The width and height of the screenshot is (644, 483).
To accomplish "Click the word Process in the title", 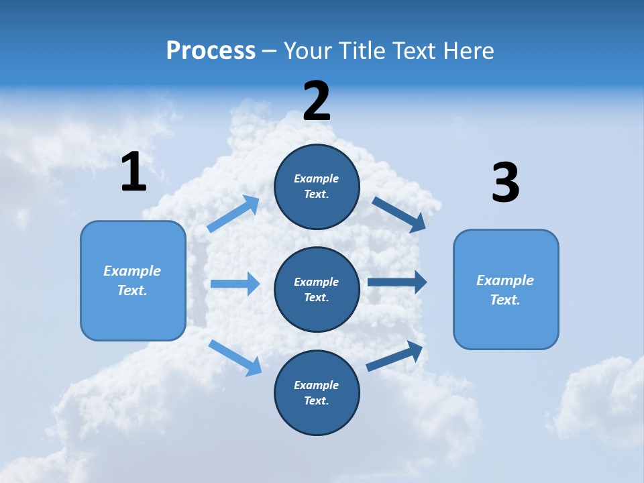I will pos(211,51).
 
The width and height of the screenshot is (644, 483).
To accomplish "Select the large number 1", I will pos(133,172).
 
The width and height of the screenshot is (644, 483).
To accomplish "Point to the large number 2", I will pos(317,101).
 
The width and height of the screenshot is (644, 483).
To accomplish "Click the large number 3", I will pos(505,183).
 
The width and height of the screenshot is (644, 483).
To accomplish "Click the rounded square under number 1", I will pos(133,280).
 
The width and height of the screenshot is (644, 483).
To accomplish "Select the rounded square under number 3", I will pos(506,290).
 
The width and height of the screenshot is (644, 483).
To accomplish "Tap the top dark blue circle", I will pos(317,186).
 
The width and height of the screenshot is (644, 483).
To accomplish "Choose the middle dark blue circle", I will pos(317,290).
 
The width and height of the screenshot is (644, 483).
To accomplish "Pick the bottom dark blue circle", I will pos(317,393).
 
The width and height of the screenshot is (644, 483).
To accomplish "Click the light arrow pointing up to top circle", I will pos(233,214).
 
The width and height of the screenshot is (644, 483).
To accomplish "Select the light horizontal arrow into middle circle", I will pos(235,284).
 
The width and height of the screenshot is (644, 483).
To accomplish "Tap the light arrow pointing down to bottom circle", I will pos(235,357).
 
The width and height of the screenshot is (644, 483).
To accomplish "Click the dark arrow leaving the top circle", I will pos(398,214).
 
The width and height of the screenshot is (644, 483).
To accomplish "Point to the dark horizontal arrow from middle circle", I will pos(397,282).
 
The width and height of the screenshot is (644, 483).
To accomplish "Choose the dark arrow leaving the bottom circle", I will pos(395,356).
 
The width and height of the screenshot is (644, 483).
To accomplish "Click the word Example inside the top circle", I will pos(317,179).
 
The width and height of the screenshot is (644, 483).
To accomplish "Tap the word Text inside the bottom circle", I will pos(315,401).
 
